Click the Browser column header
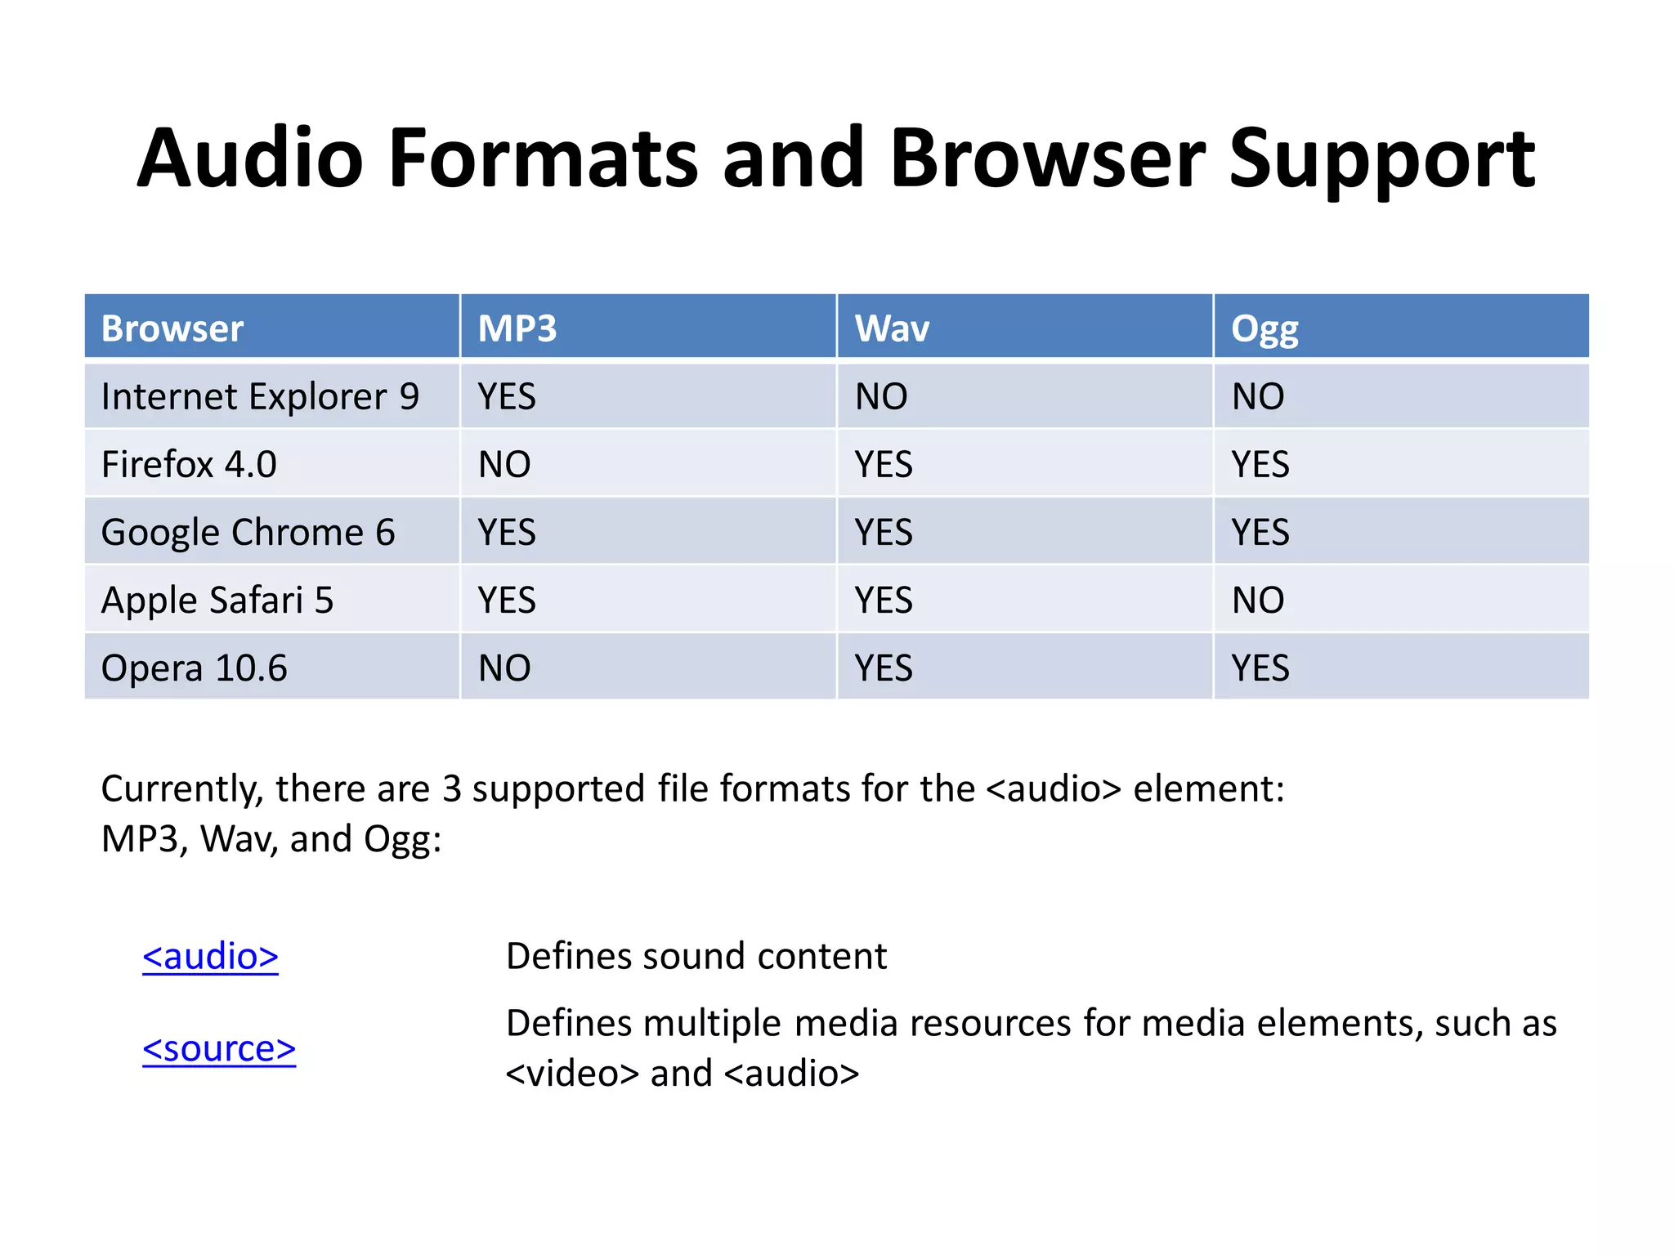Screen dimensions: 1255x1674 pos(172,328)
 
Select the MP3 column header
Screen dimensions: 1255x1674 pos(517,328)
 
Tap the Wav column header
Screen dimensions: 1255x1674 pos(892,328)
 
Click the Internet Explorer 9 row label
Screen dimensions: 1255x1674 pos(260,397)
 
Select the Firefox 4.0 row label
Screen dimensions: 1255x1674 pos(189,465)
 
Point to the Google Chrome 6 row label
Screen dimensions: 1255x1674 pos(248,533)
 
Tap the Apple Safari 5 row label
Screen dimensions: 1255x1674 pos(217,601)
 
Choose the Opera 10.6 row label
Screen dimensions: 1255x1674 pos(195,668)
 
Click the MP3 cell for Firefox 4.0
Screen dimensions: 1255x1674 pos(504,465)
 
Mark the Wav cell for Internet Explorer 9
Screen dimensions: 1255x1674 pos(881,397)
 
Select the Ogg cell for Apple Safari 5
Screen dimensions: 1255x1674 pos(1258,601)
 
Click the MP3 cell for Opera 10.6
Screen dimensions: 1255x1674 pos(504,668)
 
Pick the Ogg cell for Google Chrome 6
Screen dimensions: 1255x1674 pos(1260,533)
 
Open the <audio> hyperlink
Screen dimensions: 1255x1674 pos(210,957)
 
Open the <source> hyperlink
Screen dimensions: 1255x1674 pos(219,1049)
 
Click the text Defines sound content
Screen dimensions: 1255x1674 pos(696,957)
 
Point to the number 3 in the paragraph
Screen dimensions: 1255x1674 pos(452,789)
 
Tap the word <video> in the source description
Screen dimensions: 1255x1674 pos(572,1074)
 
